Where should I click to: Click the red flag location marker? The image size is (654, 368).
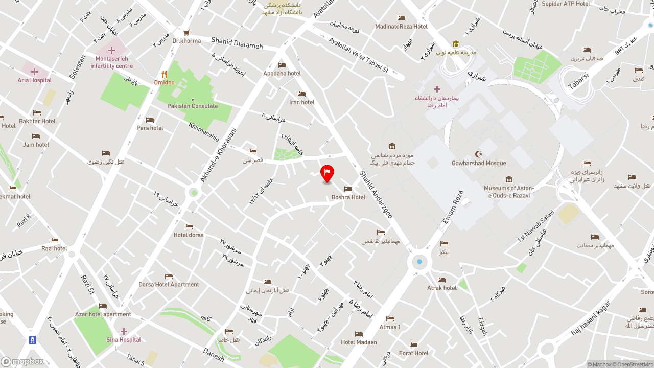[327, 173]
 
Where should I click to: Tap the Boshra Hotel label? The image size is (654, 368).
[348, 197]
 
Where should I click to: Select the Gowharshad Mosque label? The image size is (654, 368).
[479, 164]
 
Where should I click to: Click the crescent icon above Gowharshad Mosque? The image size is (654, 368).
[479, 154]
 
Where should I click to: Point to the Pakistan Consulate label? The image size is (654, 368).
[193, 106]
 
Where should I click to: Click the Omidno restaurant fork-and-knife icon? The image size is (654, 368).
[164, 74]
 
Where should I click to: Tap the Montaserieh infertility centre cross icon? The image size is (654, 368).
[111, 50]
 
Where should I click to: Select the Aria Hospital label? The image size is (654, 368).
[35, 80]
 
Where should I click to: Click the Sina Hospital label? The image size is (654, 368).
[124, 340]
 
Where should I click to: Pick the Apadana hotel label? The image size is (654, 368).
[282, 74]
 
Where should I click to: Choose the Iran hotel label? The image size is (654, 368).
[302, 102]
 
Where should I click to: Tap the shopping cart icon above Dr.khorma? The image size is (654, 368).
[186, 33]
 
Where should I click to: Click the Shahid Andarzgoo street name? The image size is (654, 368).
[376, 194]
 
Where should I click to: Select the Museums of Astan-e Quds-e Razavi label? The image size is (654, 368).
[509, 192]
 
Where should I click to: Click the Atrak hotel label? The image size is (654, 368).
[442, 288]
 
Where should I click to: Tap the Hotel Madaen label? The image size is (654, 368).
[359, 342]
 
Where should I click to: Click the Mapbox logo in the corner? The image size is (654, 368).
[22, 362]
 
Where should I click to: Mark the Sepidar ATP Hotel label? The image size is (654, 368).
[566, 4]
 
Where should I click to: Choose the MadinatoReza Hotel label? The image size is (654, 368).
[401, 27]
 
